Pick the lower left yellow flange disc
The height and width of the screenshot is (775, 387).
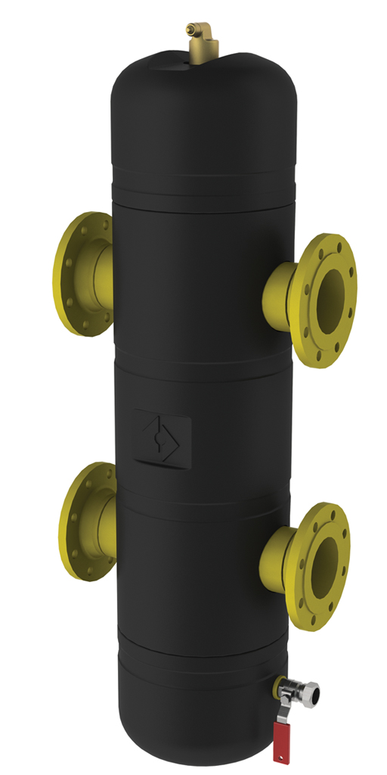79,521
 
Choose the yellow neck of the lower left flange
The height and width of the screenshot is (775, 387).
106,518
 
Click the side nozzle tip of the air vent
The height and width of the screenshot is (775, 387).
209,30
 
